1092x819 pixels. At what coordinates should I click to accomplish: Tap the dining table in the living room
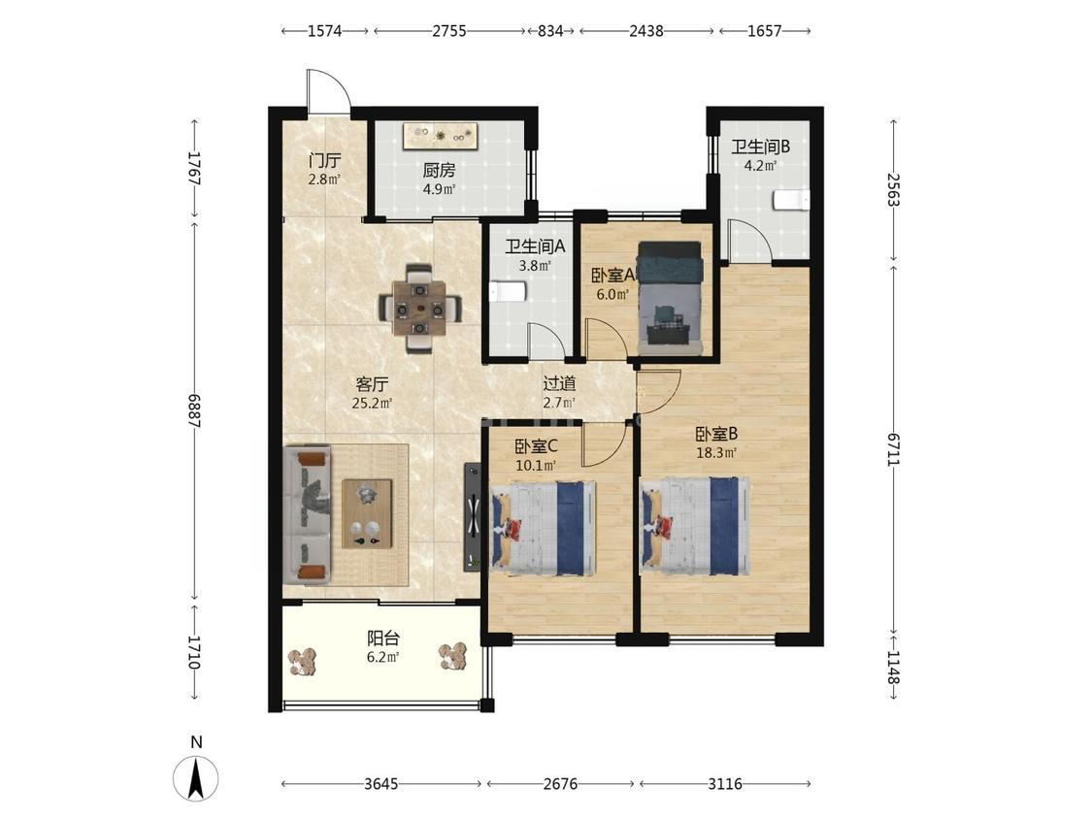[x=420, y=308]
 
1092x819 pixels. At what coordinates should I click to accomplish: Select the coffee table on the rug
[x=367, y=514]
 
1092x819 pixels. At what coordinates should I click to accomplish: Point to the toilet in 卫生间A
[x=507, y=292]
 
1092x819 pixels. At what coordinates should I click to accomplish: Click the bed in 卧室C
[x=544, y=527]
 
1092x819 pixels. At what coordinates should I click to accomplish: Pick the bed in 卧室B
[x=695, y=526]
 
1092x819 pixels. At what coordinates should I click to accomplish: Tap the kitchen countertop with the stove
[x=440, y=135]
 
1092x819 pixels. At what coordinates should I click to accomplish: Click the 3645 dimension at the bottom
[x=381, y=784]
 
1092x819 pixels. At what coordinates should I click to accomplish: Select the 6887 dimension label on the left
[x=194, y=410]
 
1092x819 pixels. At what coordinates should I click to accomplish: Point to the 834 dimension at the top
[x=550, y=31]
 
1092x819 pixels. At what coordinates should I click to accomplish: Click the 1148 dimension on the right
[x=894, y=668]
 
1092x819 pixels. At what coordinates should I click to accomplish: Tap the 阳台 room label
[x=383, y=638]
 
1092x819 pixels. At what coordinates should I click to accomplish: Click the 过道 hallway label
[x=559, y=383]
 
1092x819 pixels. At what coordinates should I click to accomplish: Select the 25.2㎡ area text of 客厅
[x=372, y=403]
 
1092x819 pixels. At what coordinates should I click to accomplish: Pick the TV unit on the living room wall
[x=472, y=517]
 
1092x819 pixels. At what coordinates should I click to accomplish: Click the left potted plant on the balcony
[x=303, y=661]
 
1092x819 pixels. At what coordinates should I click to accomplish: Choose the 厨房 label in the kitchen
[x=439, y=170]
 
